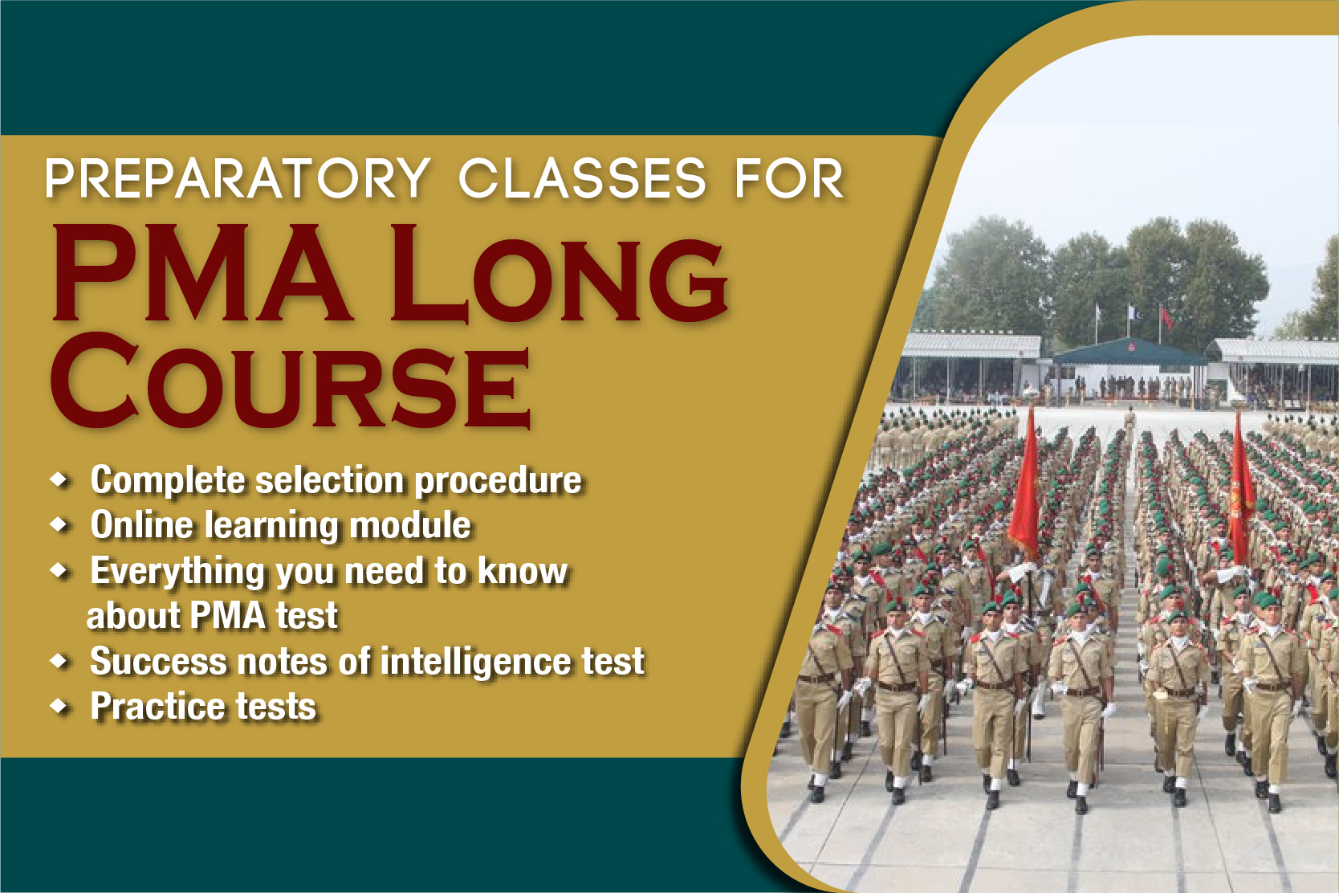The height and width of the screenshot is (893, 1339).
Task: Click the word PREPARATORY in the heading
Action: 238,178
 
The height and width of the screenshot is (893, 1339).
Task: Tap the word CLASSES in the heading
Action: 582,178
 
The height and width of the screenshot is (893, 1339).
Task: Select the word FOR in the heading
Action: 789,178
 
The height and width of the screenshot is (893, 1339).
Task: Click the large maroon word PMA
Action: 201,273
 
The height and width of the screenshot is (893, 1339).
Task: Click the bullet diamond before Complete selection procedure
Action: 59,479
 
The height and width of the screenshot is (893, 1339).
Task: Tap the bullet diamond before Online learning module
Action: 59,524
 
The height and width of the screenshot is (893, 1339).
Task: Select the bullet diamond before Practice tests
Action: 59,707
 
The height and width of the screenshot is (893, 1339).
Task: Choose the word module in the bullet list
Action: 410,525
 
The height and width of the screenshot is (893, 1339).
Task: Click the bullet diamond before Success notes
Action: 59,661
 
